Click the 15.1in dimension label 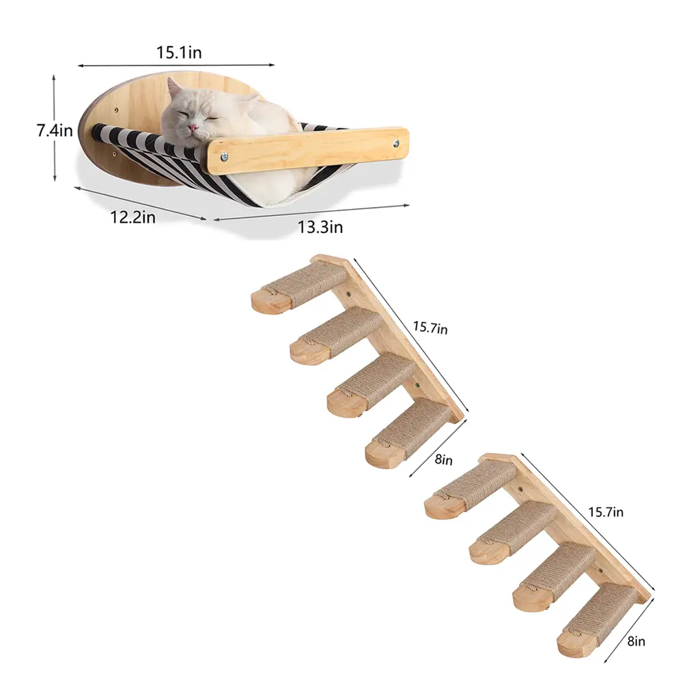(179, 53)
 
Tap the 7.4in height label (55, 130)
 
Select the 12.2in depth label (133, 217)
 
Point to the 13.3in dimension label (320, 227)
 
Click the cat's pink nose (192, 128)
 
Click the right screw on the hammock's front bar (396, 143)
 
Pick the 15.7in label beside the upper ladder (430, 327)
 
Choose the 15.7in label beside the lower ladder (605, 512)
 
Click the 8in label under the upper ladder (443, 460)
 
